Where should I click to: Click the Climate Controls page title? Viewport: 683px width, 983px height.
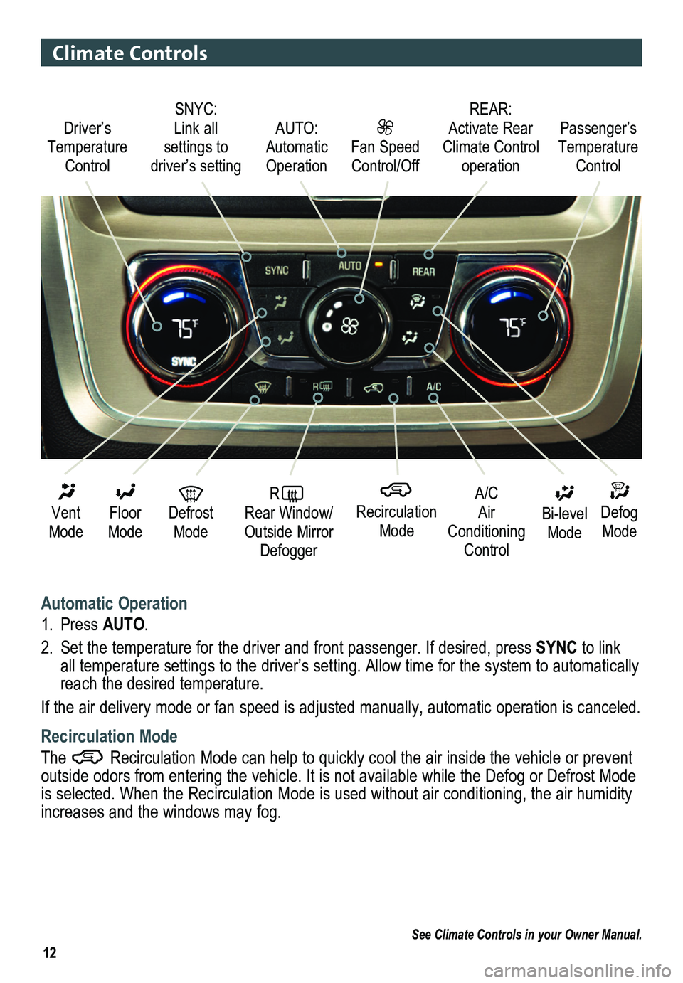point(129,53)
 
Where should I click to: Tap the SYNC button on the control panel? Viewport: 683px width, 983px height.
point(277,270)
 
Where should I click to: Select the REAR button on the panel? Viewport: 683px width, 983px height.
point(423,272)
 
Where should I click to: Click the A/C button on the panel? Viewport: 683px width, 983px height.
point(433,387)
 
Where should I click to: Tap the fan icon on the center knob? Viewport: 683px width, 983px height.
point(349,326)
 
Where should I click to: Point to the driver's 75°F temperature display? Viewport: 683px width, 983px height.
point(185,328)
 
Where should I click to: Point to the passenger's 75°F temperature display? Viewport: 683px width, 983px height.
point(512,327)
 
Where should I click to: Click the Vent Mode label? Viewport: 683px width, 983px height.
point(66,521)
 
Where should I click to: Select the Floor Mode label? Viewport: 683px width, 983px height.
point(125,521)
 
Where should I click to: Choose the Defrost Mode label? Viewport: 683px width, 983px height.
point(191,521)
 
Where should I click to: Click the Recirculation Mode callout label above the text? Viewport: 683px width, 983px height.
point(396,521)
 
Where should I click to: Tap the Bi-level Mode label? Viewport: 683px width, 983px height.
point(564,523)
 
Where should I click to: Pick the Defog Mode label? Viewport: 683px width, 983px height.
point(619,521)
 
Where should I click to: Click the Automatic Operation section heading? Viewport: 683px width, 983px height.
point(114,603)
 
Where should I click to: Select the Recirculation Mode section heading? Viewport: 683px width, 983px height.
point(109,736)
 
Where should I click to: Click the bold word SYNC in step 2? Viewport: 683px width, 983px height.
point(556,647)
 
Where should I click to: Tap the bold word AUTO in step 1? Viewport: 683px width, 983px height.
point(124,625)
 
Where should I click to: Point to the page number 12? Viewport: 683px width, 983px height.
point(50,953)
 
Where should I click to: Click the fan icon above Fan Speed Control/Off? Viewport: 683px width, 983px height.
point(385,127)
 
